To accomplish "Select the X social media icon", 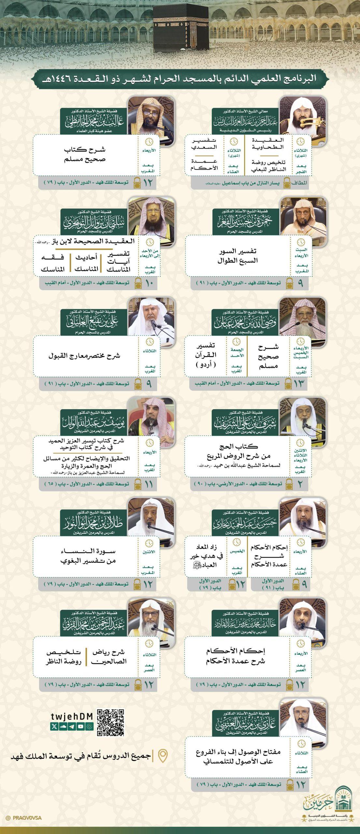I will (54, 726).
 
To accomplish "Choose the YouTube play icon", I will (80, 726).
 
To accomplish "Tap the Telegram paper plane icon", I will (72, 726).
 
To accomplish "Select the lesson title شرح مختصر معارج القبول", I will (84, 355).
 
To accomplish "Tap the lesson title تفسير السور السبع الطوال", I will (237, 256).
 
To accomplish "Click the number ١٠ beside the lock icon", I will (149, 283).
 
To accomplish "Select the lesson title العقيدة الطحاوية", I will (268, 143).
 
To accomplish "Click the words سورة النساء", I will (88, 551).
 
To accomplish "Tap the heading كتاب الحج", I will (238, 446).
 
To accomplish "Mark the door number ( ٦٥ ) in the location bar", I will (51, 484).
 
